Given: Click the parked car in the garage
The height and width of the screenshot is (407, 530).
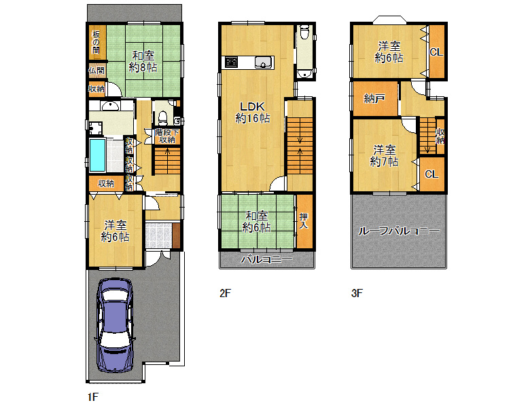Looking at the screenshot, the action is pyautogui.click(x=115, y=326).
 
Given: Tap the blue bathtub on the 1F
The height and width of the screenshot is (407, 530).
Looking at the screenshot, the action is pyautogui.click(x=98, y=155).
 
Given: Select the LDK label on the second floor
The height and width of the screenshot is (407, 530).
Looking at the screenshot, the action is pyautogui.click(x=252, y=106).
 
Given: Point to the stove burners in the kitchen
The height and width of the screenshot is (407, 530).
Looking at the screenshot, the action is pyautogui.click(x=232, y=62).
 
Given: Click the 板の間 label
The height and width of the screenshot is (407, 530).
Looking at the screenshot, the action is pyautogui.click(x=96, y=42).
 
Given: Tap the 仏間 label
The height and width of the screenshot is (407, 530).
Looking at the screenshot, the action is pyautogui.click(x=96, y=71).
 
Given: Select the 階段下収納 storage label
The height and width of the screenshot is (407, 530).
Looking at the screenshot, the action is pyautogui.click(x=167, y=136).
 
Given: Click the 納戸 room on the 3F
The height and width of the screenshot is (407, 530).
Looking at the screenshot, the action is pyautogui.click(x=375, y=98).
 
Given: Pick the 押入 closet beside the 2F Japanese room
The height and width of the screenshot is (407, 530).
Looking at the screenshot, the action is pyautogui.click(x=304, y=221).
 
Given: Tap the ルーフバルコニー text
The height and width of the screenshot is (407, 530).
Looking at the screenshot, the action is pyautogui.click(x=399, y=231).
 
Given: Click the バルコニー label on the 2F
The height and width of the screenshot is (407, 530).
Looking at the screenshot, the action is pyautogui.click(x=266, y=260).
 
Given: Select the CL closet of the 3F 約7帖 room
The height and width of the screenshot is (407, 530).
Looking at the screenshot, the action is pyautogui.click(x=431, y=174).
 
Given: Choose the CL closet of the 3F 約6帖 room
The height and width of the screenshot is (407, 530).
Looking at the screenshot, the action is pyautogui.click(x=436, y=52).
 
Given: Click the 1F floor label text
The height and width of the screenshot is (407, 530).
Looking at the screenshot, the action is pyautogui.click(x=92, y=397).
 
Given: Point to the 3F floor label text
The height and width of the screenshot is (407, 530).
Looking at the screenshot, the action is pyautogui.click(x=357, y=293).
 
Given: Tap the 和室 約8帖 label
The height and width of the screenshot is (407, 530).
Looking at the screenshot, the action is pyautogui.click(x=143, y=62).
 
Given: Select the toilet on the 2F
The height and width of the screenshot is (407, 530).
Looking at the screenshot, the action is pyautogui.click(x=304, y=32).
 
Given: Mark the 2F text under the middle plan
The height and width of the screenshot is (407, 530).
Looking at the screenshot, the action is pyautogui.click(x=225, y=293).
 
